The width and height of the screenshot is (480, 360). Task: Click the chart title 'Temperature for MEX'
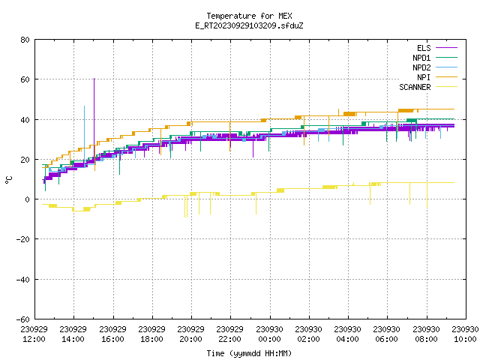[x=249, y=16]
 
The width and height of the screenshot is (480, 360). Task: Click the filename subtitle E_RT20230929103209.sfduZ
[x=249, y=25]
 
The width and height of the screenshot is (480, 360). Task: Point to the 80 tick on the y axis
[x=25, y=40]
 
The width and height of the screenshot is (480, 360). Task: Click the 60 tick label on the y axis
[x=25, y=79]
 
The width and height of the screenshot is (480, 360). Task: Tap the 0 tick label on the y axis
[x=28, y=199]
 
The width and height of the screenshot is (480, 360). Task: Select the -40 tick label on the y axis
[x=23, y=280]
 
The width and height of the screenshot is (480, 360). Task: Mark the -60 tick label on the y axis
[x=23, y=319]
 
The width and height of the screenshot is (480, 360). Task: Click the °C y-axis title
[x=9, y=180]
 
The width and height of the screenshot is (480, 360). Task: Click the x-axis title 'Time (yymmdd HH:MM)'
[x=249, y=353]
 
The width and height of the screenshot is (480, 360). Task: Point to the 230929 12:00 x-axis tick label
[x=34, y=334]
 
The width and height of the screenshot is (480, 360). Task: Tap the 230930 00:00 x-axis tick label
[x=270, y=334]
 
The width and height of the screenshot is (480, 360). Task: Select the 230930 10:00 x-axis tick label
[x=465, y=334]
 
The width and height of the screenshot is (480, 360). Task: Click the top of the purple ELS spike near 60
[x=94, y=79]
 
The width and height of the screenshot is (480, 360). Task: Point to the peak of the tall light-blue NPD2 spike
[x=85, y=106]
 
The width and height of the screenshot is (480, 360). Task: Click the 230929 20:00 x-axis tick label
[x=191, y=334]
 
